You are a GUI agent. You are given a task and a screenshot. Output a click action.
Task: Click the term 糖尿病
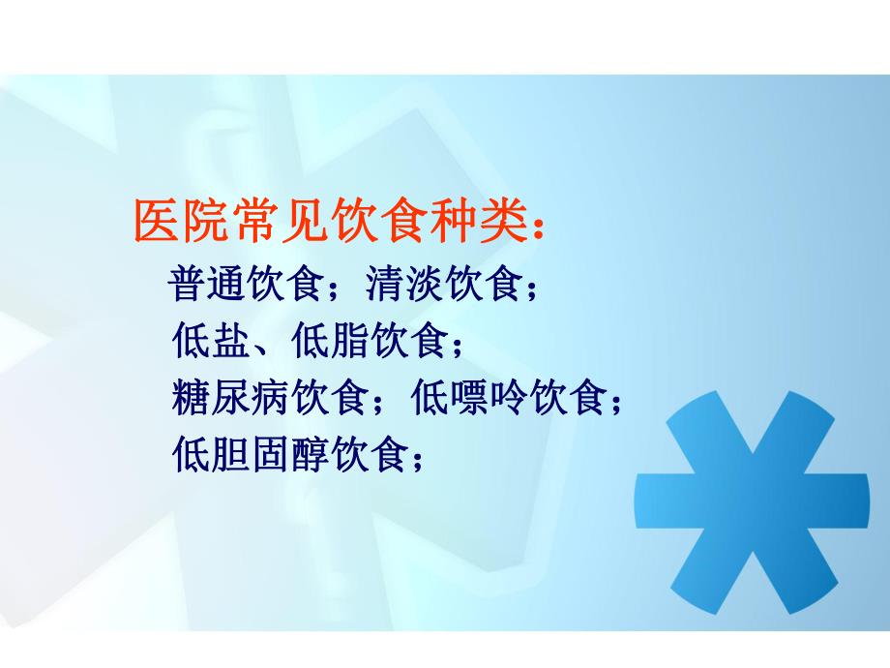[232, 397]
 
